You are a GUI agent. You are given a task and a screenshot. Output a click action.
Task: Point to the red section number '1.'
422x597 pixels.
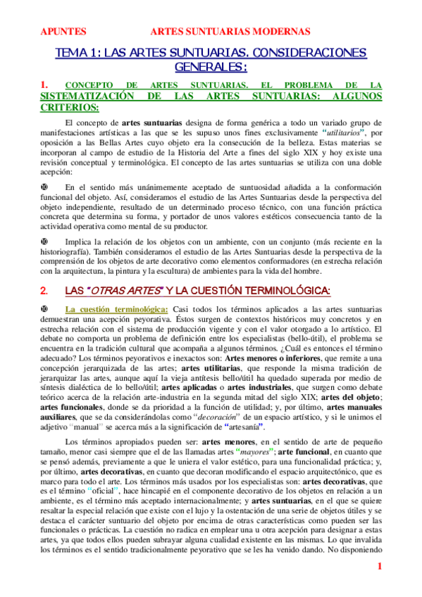(44, 85)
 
